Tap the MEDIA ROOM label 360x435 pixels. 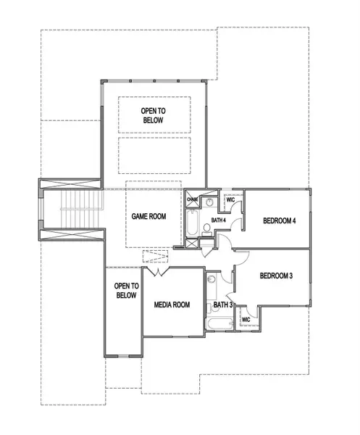click(x=172, y=304)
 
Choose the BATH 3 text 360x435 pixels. click(x=222, y=305)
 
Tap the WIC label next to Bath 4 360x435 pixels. click(x=230, y=199)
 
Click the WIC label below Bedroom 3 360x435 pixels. click(x=246, y=318)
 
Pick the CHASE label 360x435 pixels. click(x=193, y=199)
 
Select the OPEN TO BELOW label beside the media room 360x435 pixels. click(x=126, y=290)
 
